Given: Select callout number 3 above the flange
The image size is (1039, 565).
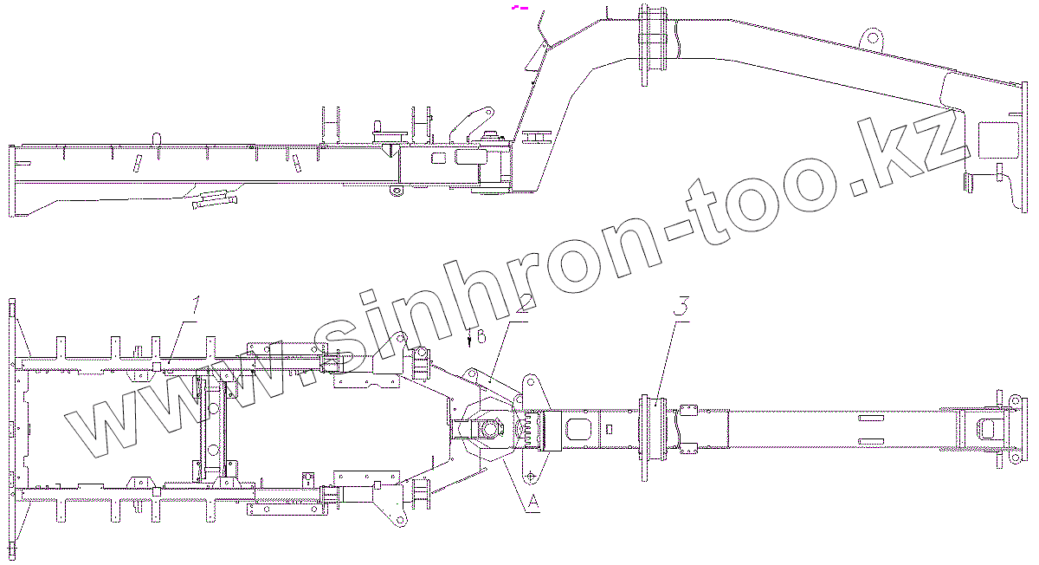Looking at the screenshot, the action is [683, 306].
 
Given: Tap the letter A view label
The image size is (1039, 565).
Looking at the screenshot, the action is [533, 501].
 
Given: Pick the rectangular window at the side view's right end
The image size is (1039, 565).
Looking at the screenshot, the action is [997, 138].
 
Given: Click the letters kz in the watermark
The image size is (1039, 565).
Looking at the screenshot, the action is [926, 156].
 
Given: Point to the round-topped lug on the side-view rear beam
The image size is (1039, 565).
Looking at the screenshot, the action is [157, 138].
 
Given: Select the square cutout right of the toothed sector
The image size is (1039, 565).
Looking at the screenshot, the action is [575, 428].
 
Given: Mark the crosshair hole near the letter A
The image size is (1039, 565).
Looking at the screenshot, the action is [530, 473].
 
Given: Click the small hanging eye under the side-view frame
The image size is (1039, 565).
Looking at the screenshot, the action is [396, 190].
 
